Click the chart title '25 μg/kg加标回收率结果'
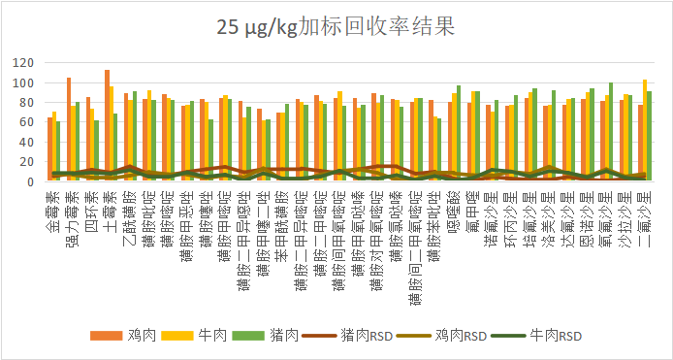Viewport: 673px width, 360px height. [336, 26]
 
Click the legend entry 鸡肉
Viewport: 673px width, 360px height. [133, 336]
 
